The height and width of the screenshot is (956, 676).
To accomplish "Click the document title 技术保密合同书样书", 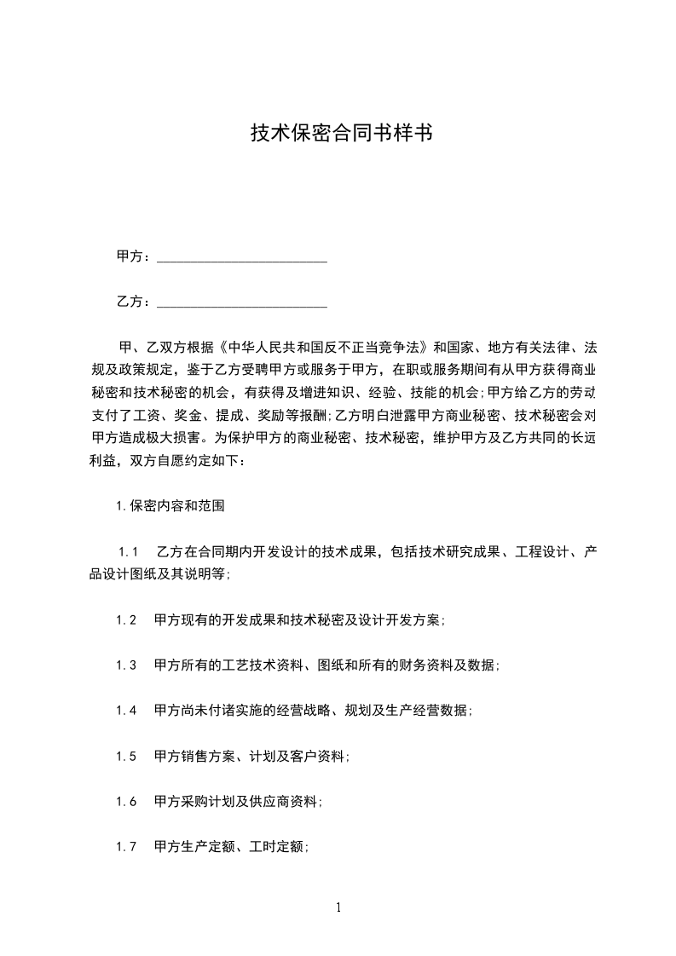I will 338,133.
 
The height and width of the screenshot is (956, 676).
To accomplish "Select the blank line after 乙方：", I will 243,302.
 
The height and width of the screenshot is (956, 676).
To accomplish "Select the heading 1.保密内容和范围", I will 170,505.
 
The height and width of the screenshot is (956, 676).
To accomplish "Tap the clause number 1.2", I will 126,620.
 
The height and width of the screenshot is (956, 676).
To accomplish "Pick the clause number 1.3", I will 126,665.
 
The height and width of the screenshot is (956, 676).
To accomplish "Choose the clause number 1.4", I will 126,711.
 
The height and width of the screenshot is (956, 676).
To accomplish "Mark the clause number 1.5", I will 126,756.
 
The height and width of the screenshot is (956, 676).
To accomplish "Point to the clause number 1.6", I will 126,801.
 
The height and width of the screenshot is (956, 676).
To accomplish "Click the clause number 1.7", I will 126,847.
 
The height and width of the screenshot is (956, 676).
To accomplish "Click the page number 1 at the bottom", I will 338,907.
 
